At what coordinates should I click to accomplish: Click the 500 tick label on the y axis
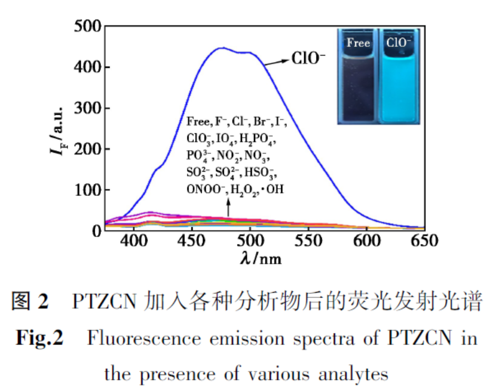(88, 26)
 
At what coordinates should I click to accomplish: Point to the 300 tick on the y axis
(88, 108)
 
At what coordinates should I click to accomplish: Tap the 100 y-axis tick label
(88, 190)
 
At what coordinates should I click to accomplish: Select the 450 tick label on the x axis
(192, 242)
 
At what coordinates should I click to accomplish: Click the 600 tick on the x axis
(367, 242)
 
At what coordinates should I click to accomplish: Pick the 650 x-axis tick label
(424, 242)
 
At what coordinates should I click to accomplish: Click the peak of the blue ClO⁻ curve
(222, 48)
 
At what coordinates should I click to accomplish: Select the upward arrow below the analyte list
(229, 209)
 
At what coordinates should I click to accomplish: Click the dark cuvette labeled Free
(358, 85)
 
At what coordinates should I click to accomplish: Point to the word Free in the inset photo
(358, 42)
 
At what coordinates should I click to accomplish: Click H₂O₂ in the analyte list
(245, 189)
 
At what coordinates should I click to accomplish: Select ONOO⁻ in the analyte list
(206, 189)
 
